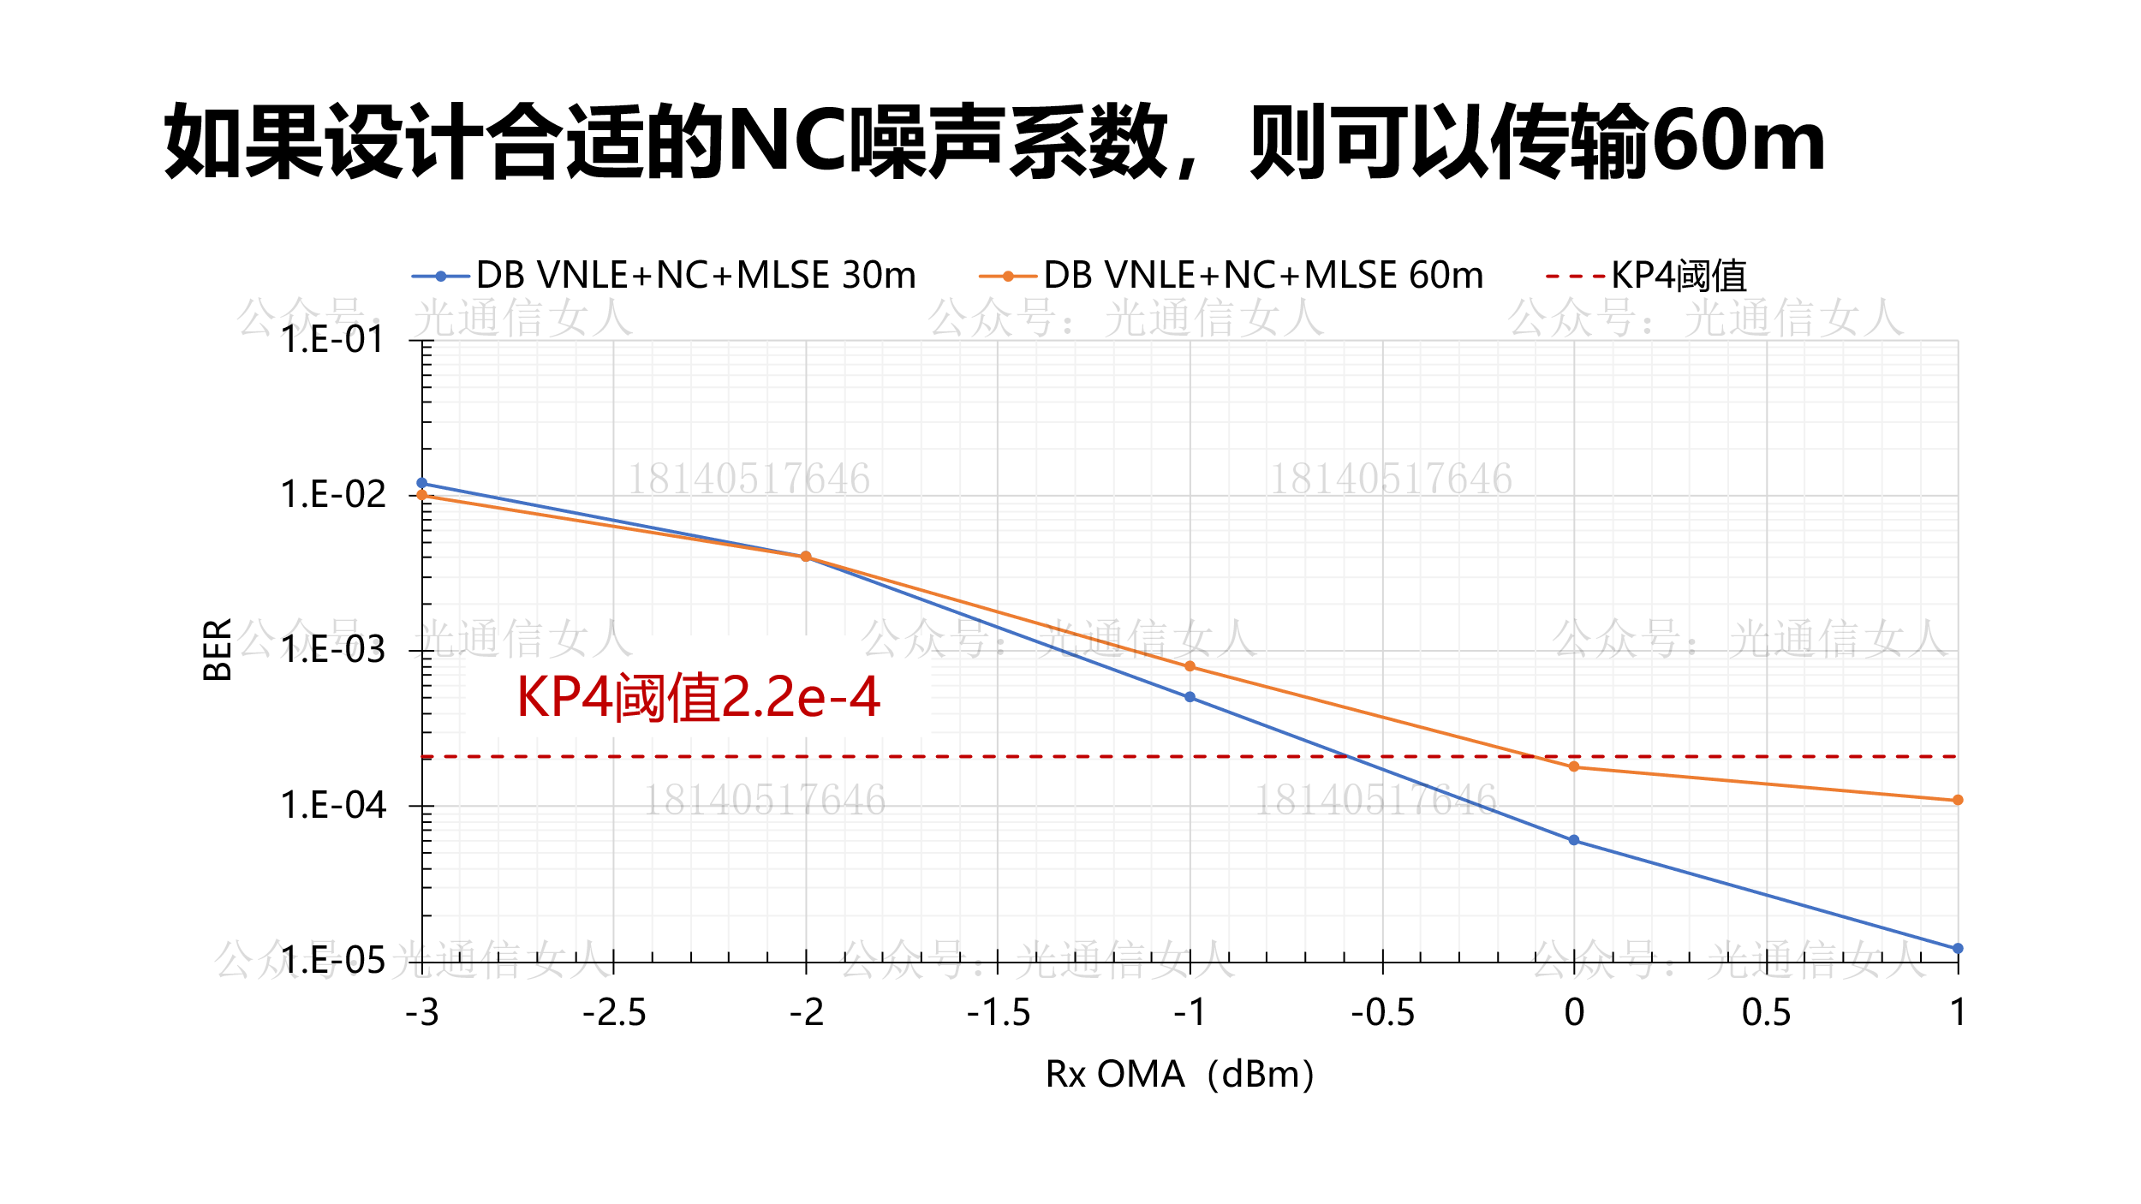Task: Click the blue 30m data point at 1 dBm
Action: pyautogui.click(x=1958, y=949)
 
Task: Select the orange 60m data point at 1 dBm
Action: pyautogui.click(x=1958, y=801)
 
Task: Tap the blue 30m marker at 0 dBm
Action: pyautogui.click(x=1574, y=841)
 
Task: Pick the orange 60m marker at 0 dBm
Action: pyautogui.click(x=1574, y=767)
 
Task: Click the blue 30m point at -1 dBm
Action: pyautogui.click(x=1190, y=698)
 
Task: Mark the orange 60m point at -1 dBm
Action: pyautogui.click(x=1190, y=666)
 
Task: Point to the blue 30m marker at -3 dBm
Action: pyautogui.click(x=422, y=483)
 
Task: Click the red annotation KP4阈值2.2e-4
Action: pyautogui.click(x=698, y=697)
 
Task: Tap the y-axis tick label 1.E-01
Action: pyautogui.click(x=334, y=340)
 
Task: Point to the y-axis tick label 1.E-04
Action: pyautogui.click(x=334, y=806)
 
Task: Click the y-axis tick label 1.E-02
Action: pyautogui.click(x=334, y=495)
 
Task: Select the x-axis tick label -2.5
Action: pyautogui.click(x=614, y=1013)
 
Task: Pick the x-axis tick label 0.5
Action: pyautogui.click(x=1766, y=1013)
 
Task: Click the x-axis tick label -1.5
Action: pyautogui.click(x=999, y=1013)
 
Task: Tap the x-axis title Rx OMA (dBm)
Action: pyautogui.click(x=1180, y=1075)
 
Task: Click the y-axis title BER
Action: pyautogui.click(x=218, y=650)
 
